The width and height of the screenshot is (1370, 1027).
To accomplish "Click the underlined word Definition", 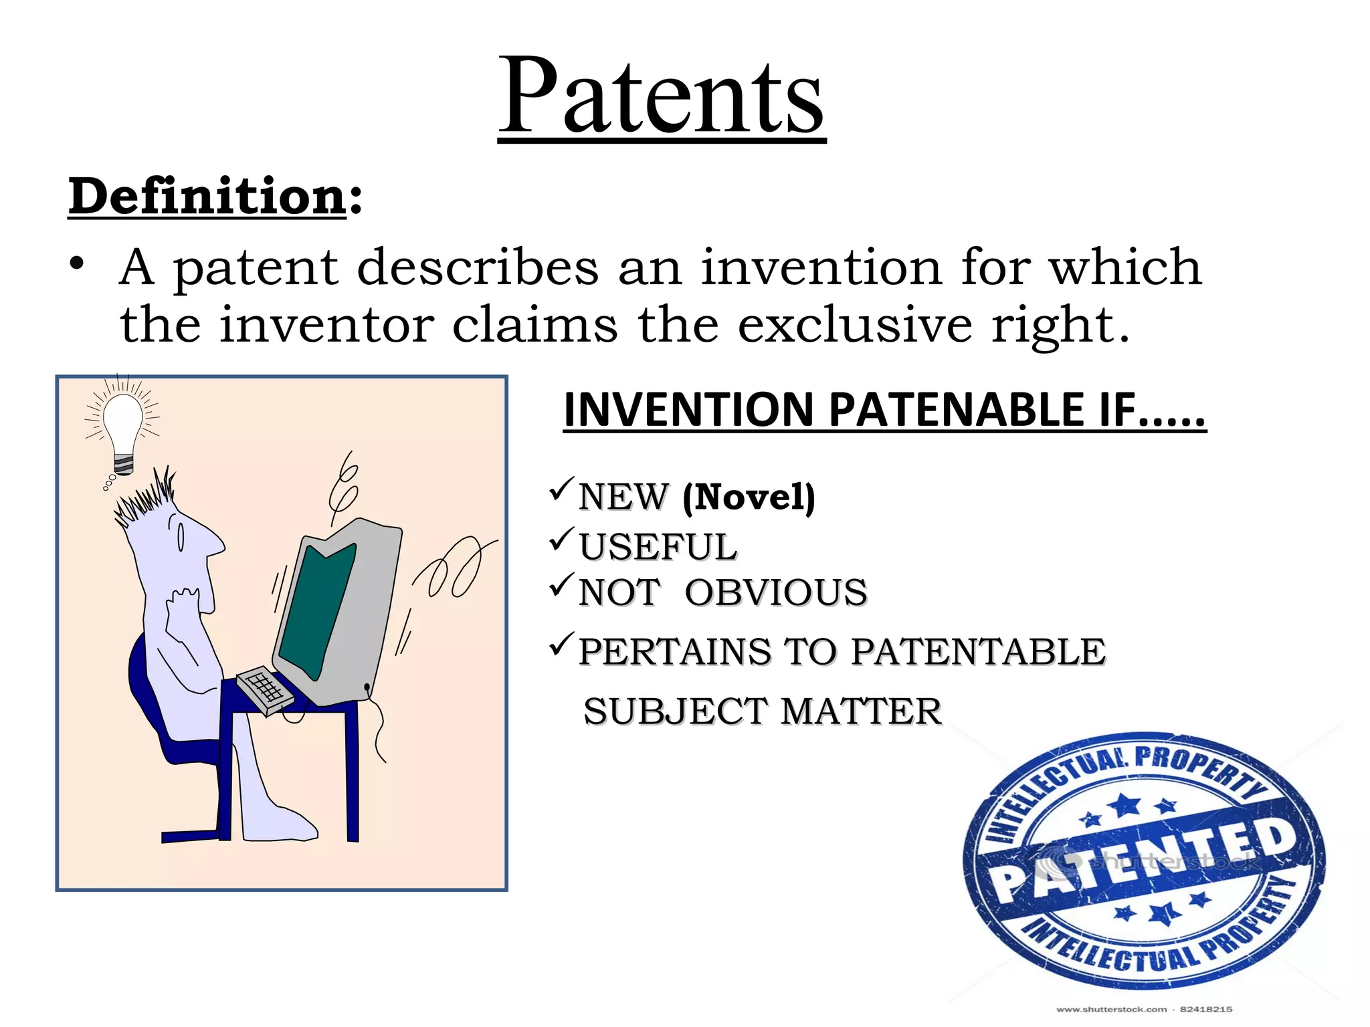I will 207,197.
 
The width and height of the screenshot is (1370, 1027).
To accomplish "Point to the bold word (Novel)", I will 749,497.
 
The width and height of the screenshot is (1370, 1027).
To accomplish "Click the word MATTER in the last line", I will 861,711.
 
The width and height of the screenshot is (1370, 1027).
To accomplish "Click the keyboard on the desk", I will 265,689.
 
